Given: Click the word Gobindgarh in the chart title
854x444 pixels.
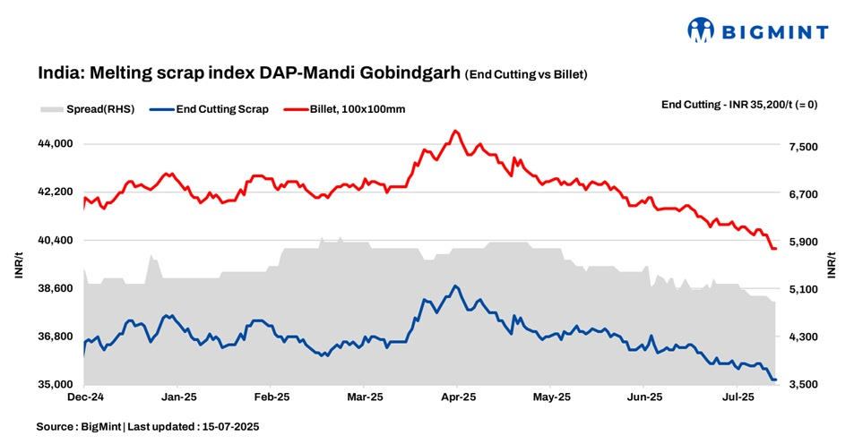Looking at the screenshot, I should [406, 73].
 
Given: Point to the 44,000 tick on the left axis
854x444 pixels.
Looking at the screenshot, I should [56, 144].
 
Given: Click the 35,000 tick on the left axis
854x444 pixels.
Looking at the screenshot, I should [56, 385].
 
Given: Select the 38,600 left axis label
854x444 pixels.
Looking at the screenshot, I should [56, 288].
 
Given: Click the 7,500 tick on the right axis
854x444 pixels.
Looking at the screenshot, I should [799, 147].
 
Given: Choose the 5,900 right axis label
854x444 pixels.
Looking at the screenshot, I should [799, 242].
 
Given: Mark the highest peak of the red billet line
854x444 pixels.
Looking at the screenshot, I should [455, 131].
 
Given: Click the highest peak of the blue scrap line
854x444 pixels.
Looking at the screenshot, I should [455, 286].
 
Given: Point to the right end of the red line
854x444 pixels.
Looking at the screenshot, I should [775, 249].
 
